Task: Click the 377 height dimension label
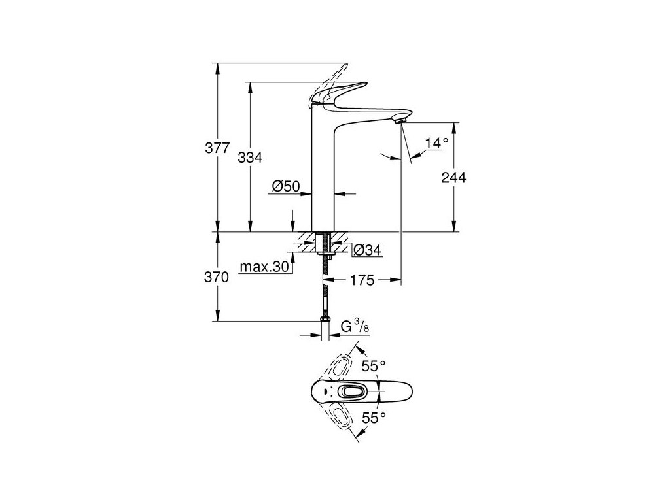tap(217, 148)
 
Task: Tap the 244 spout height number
tap(453, 177)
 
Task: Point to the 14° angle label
tap(436, 142)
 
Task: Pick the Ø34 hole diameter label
tap(367, 250)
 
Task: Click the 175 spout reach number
tap(362, 281)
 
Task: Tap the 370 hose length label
tap(217, 276)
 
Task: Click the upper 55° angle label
tap(371, 367)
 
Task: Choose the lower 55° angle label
tap(371, 415)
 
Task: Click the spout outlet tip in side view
tap(402, 120)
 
